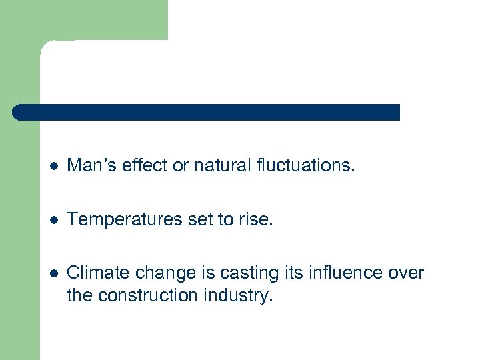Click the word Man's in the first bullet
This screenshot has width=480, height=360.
pos(93,165)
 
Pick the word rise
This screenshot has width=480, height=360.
pos(257,219)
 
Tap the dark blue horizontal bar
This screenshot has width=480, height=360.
pos(206,112)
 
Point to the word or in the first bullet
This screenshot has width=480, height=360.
pos(181,165)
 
